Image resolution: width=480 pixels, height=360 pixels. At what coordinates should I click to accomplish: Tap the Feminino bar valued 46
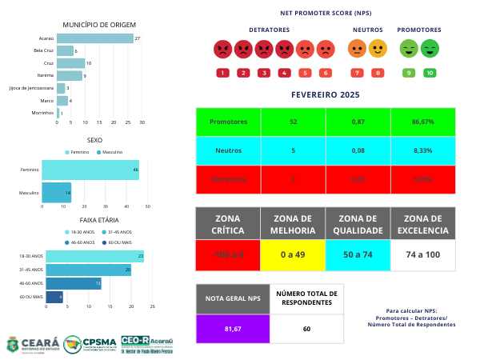pos(90,170)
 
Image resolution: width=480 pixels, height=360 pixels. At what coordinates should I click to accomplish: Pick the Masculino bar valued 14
pos(56,193)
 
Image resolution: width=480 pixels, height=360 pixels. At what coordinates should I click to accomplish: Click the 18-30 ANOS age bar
pos(94,257)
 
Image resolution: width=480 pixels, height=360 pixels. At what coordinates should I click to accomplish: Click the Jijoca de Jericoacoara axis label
pos(31,88)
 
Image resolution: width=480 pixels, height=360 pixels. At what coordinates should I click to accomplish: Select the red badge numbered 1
pos(222,73)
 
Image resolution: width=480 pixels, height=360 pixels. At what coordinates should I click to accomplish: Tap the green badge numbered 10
pos(430,73)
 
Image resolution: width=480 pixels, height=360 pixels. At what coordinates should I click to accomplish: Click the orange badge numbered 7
pos(357,73)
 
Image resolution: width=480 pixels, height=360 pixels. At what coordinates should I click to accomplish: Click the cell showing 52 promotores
pos(293,122)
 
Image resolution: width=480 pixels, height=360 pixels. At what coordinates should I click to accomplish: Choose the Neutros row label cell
pos(228,150)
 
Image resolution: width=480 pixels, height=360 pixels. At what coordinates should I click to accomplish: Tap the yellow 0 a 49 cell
pos(293,254)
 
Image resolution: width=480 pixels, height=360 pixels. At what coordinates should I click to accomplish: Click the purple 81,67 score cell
pos(232,328)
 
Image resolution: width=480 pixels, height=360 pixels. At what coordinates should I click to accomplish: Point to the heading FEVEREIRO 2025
pos(326,94)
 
